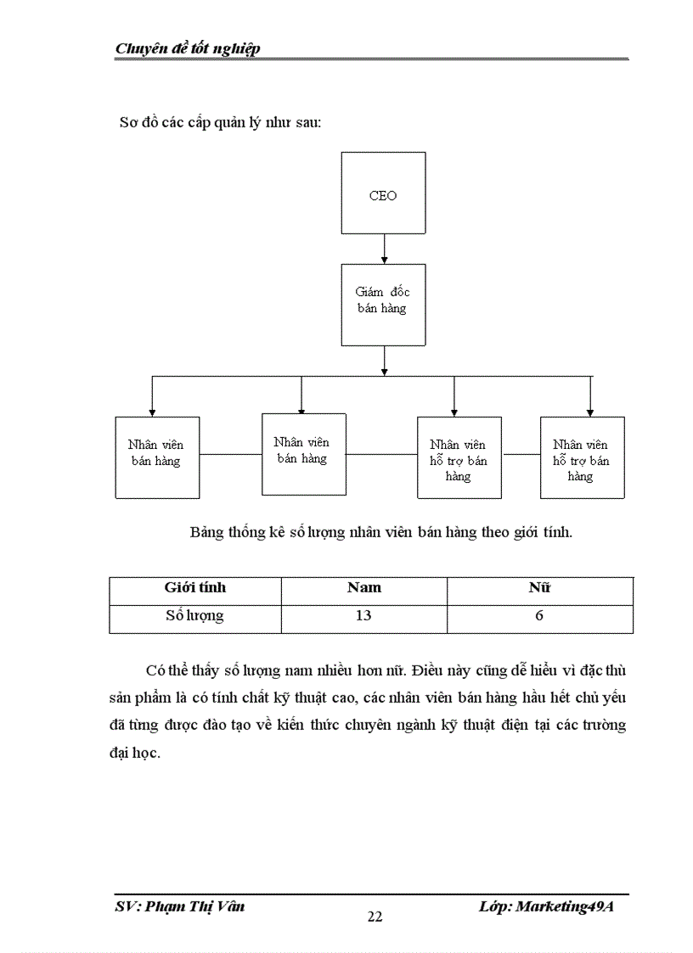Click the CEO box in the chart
click(383, 193)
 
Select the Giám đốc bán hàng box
click(383, 306)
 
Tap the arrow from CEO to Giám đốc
click(384, 249)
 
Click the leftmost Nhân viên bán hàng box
click(158, 457)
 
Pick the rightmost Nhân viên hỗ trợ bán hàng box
click(583, 457)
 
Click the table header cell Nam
click(363, 588)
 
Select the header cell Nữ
click(539, 588)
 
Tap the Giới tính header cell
click(195, 588)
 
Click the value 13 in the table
click(363, 616)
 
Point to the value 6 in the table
click(539, 616)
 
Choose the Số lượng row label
click(194, 616)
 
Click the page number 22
click(375, 917)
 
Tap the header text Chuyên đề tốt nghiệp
click(188, 48)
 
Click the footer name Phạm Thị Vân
click(194, 907)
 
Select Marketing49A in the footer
click(565, 907)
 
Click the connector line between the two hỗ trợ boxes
click(521, 454)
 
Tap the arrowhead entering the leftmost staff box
click(152, 413)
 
